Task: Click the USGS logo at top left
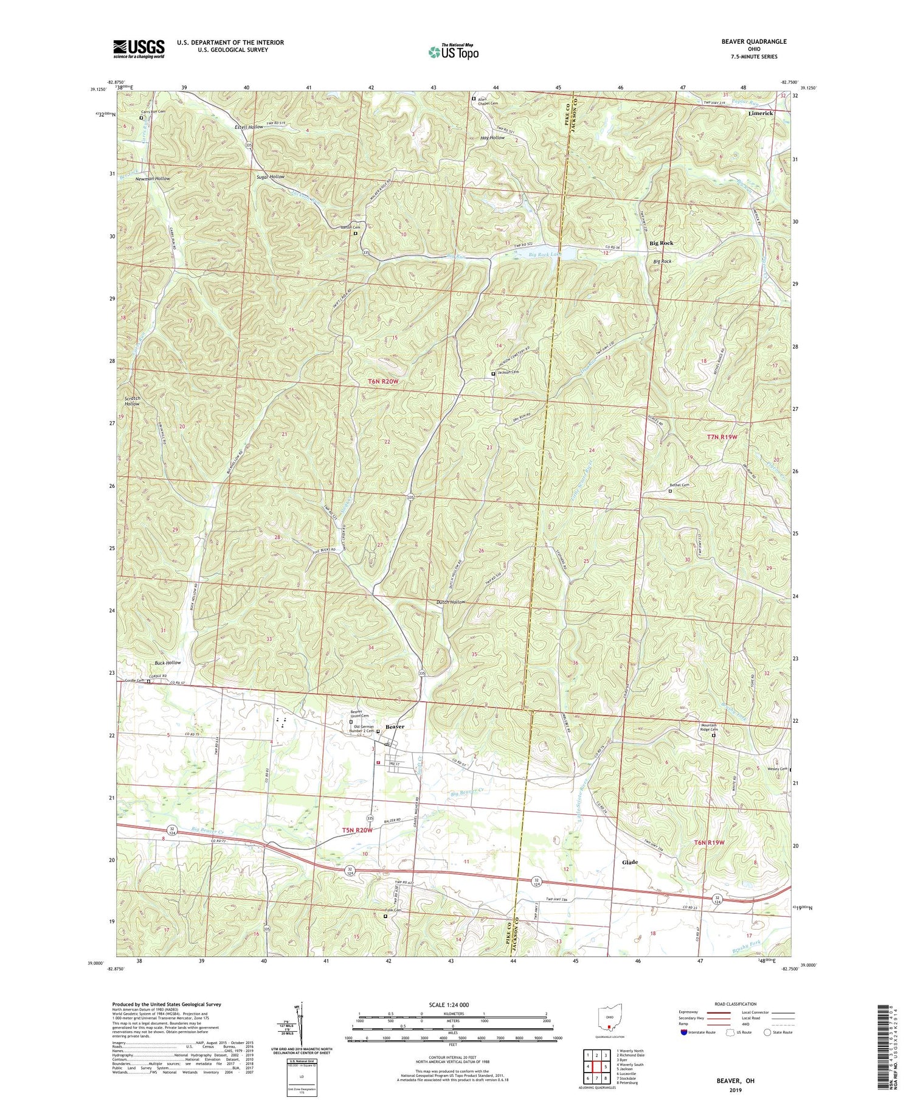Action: [x=139, y=49]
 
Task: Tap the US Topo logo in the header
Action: [x=452, y=52]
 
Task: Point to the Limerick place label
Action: [x=761, y=114]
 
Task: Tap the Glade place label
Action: [x=630, y=863]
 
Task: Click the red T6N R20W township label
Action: [x=383, y=381]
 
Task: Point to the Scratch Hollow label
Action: [x=132, y=400]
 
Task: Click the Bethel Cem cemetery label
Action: [x=679, y=485]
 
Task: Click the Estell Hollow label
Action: [x=249, y=127]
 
